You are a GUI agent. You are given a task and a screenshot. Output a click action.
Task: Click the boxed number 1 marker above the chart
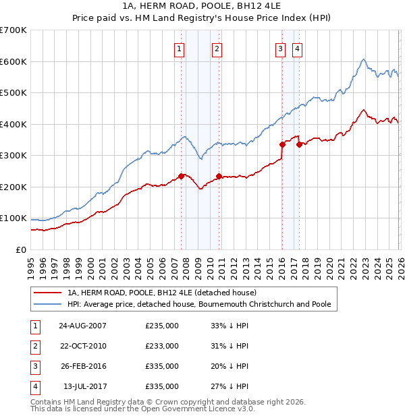pos(180,48)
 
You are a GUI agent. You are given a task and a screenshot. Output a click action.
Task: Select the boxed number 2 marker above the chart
pos(217,48)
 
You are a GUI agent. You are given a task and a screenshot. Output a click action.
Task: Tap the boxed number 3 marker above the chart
pos(280,48)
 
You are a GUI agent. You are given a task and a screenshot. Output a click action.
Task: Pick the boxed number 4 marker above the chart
pos(297,48)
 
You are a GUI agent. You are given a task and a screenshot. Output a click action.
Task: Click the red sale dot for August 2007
pos(181,176)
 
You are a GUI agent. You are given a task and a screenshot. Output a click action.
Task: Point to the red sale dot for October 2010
pos(219,177)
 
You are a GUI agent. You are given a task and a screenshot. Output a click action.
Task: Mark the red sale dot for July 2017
pos(299,144)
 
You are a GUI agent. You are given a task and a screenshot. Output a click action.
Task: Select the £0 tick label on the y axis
pos(20,250)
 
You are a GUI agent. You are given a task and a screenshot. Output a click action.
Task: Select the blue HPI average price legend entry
pos(198,305)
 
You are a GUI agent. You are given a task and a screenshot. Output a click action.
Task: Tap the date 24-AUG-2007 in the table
pos(82,326)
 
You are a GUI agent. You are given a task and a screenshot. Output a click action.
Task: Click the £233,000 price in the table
pos(162,346)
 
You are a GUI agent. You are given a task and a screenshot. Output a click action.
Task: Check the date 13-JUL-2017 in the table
pos(82,386)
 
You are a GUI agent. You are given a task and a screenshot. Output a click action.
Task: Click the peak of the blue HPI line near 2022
pos(363,59)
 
